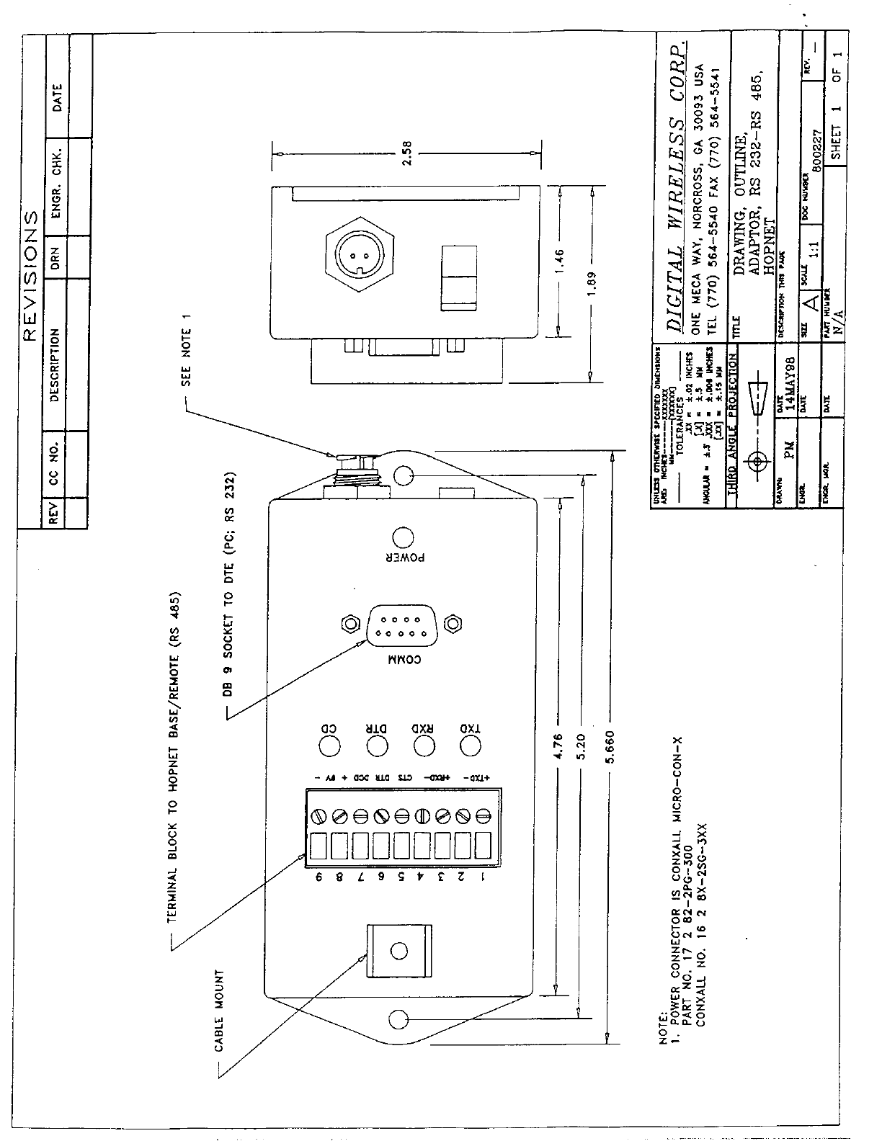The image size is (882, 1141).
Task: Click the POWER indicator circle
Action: click(x=403, y=537)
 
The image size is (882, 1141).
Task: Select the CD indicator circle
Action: click(x=330, y=746)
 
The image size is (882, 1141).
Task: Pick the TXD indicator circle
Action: click(x=471, y=746)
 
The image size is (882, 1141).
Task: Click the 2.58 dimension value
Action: click(x=407, y=153)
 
